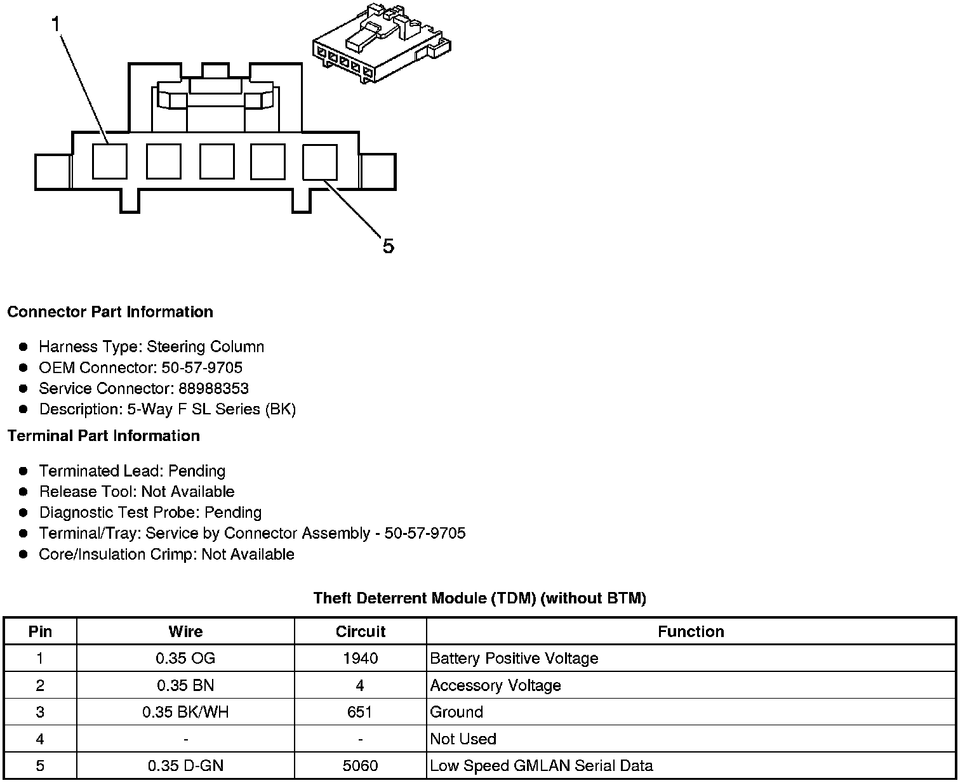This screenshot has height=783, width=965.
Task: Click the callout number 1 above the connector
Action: tap(56, 25)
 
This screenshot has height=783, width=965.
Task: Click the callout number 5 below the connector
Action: tap(388, 246)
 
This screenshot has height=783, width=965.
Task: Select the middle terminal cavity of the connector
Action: tap(216, 161)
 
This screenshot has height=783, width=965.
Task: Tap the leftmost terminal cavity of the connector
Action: tap(109, 161)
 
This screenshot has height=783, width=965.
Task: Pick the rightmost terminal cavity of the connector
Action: tap(320, 161)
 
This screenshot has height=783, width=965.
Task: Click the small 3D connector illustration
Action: tap(381, 43)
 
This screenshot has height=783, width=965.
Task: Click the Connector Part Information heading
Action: tap(110, 312)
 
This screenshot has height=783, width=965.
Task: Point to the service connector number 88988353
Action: tap(213, 388)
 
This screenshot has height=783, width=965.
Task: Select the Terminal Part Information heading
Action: tap(103, 435)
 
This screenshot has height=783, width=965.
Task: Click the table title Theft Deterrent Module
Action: tap(479, 598)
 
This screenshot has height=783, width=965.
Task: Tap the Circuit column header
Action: tap(360, 631)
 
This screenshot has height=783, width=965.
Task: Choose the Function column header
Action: tap(691, 631)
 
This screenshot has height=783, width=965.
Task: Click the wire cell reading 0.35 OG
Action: tap(185, 658)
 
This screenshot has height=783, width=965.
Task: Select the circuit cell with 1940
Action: tap(360, 658)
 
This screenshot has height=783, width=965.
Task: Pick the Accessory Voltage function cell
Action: tap(495, 685)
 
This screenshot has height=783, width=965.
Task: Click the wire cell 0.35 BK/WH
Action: tap(185, 712)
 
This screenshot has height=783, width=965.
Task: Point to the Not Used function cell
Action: tap(463, 739)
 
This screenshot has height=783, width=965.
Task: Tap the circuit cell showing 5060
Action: tap(360, 766)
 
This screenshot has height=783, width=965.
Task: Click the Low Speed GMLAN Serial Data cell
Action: tap(541, 766)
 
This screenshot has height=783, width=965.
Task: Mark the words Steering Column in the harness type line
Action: tap(205, 346)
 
